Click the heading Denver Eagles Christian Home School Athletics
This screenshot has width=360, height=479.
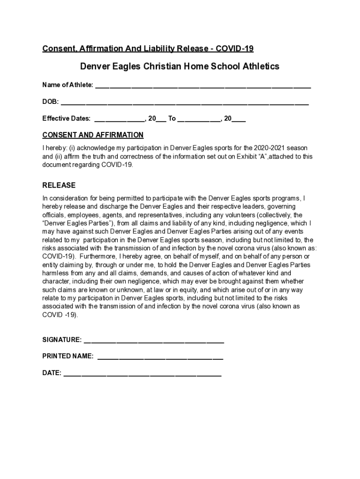180,66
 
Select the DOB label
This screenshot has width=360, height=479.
50,102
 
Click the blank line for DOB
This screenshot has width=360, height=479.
185,102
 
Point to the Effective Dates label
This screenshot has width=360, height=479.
66,118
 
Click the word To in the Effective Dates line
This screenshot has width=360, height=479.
172,118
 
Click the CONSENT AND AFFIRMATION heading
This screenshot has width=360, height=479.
93,135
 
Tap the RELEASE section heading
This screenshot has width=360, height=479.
59,185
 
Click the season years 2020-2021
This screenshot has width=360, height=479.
258,148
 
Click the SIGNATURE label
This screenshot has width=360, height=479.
62,340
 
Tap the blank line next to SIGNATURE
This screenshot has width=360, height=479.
154,341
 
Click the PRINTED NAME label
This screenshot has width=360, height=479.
68,356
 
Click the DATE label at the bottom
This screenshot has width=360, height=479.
51,373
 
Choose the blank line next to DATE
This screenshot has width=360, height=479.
142,374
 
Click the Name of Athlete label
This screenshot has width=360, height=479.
68,85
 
